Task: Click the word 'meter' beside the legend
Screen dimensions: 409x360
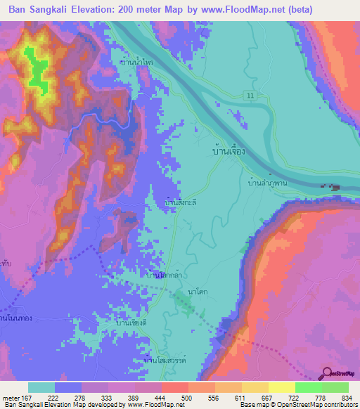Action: [x=11, y=397]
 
